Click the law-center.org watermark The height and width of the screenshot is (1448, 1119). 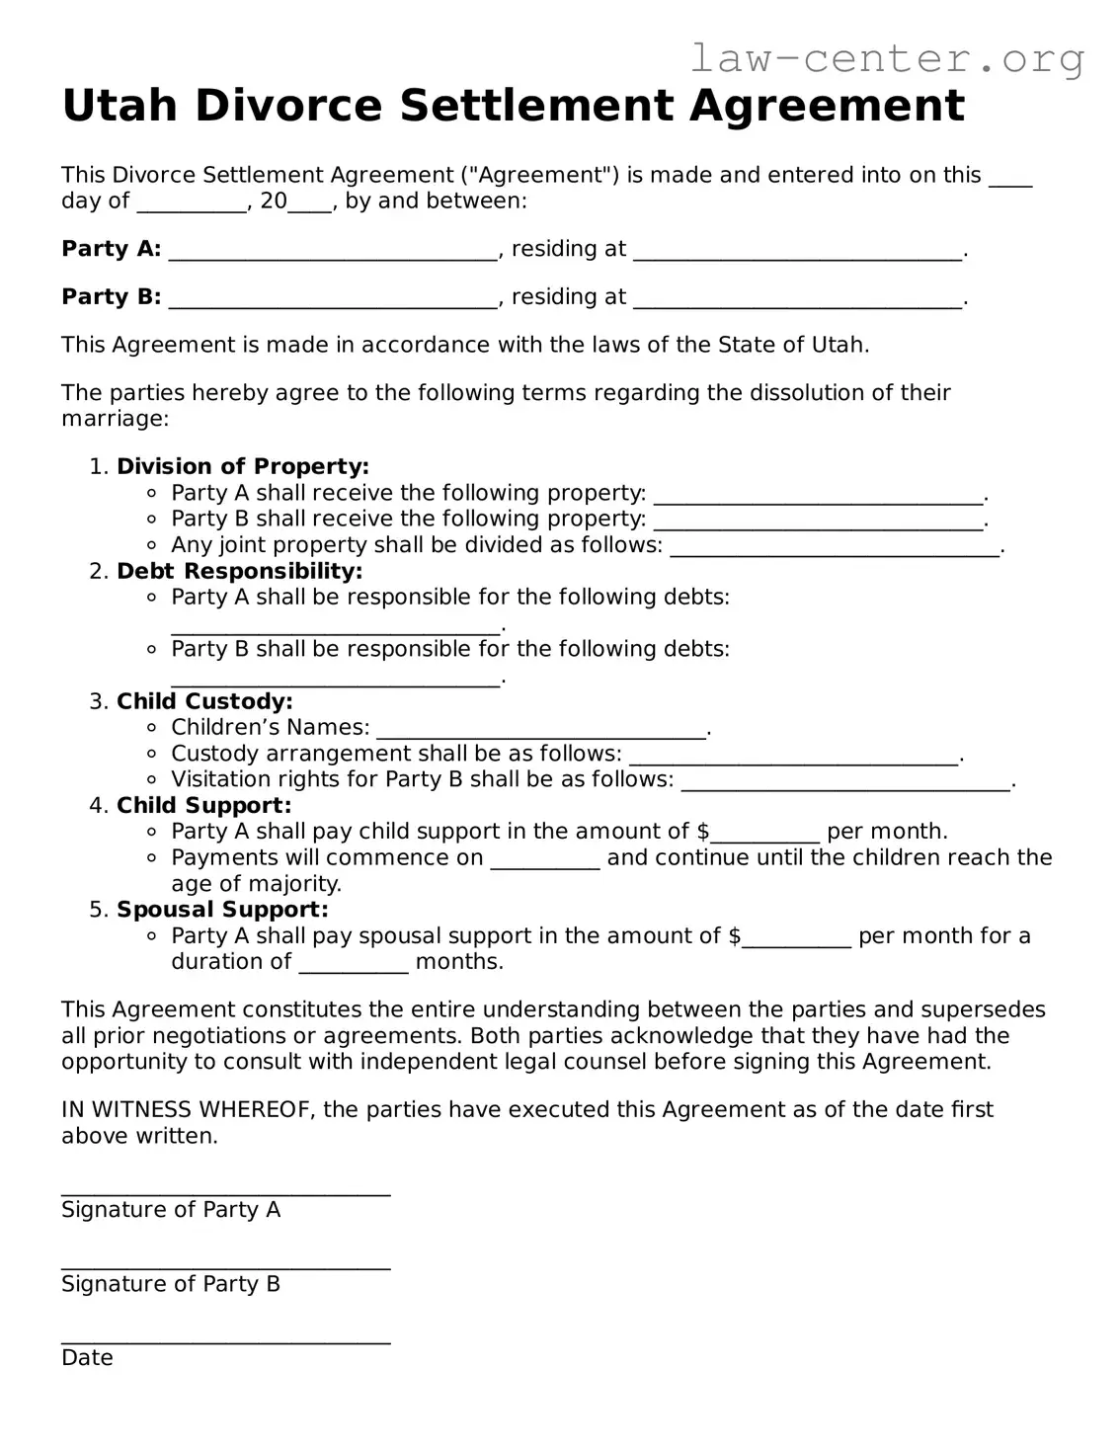click(886, 59)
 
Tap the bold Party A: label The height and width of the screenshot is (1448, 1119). click(111, 249)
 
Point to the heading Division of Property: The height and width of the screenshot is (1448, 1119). click(243, 466)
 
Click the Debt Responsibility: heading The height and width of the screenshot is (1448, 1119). click(239, 571)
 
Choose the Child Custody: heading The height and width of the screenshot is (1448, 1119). click(204, 701)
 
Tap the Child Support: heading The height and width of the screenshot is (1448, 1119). click(203, 805)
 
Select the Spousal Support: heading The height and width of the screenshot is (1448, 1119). click(222, 910)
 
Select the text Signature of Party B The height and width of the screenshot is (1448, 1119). click(171, 1284)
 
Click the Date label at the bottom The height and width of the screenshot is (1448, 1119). click(87, 1358)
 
